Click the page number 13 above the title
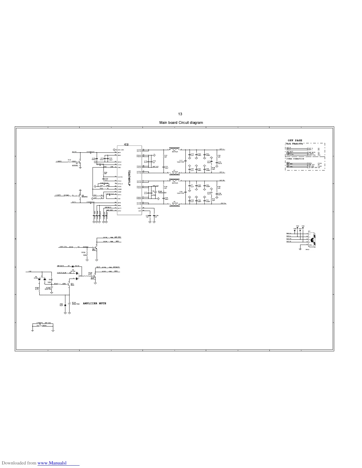[180, 114]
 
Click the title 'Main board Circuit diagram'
[181, 123]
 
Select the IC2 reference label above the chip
[126, 144]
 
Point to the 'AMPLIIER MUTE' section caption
[94, 303]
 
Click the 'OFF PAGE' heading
[295, 140]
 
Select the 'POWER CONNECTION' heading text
[295, 159]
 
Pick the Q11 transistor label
[72, 284]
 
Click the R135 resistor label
[83, 253]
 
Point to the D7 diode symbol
[72, 266]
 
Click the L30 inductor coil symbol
[174, 148]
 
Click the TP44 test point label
[298, 226]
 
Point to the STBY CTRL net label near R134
[63, 246]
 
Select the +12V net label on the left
[30, 271]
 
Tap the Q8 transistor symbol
[79, 195]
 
